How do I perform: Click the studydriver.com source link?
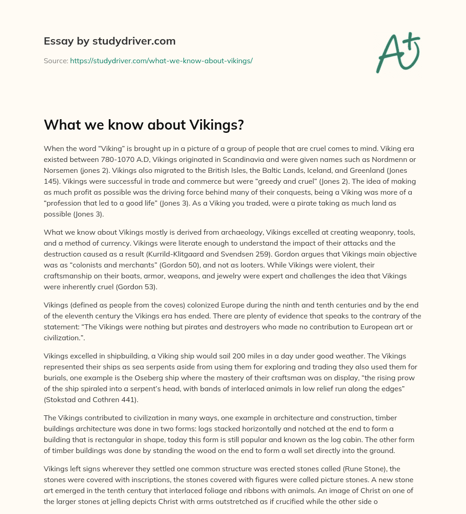pos(161,60)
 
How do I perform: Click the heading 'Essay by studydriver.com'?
pos(109,41)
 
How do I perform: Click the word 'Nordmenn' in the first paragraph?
pos(383,160)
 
